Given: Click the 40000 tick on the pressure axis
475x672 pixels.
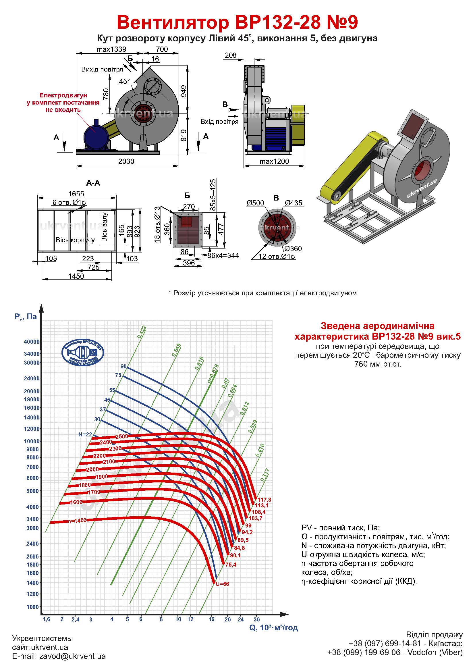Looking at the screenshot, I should [31, 342].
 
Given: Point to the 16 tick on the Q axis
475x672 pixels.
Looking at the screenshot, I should [211, 619].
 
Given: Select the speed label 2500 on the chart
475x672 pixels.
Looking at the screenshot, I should [122, 436].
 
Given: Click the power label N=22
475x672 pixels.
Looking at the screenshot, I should [85, 435].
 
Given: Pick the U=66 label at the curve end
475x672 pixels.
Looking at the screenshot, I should [223, 584].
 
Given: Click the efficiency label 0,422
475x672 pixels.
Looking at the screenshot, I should [142, 332].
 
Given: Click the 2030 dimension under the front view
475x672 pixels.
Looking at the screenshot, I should [126, 161].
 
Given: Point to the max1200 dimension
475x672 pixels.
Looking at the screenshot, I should [274, 161].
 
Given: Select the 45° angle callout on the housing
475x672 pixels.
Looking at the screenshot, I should [124, 81].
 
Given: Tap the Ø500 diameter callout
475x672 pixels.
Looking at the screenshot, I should [255, 203].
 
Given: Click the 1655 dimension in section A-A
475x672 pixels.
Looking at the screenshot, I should [76, 193].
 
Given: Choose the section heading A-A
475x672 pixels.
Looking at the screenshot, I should [93, 183].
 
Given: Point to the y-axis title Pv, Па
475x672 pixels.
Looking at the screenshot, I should [26, 316].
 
